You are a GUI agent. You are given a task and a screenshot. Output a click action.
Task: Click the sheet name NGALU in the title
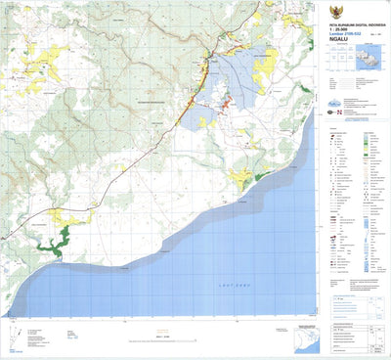pos(342,39)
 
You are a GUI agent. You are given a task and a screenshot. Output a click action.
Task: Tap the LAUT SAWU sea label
pos(229,284)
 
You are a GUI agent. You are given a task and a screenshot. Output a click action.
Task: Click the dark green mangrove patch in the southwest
pos(61,238)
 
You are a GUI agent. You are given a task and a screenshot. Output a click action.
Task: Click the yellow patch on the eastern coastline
pos(241,177)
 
